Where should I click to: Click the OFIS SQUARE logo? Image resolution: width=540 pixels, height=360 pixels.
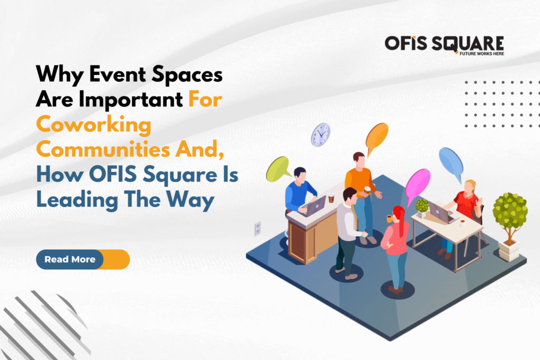[x=443, y=44]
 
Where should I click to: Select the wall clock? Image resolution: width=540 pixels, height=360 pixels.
[x=320, y=134]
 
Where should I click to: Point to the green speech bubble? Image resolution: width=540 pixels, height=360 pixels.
[x=278, y=170]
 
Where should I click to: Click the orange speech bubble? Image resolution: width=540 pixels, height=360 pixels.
[x=377, y=136]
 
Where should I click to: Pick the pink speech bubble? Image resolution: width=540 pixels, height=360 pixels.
[x=418, y=184]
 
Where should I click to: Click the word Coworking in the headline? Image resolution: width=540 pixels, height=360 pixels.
[x=93, y=127]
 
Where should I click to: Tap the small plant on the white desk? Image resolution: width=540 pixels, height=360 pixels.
[x=422, y=207]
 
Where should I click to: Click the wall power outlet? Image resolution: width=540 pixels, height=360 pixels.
[x=258, y=228]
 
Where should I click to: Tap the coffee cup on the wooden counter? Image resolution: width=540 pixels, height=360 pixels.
[x=331, y=199]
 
